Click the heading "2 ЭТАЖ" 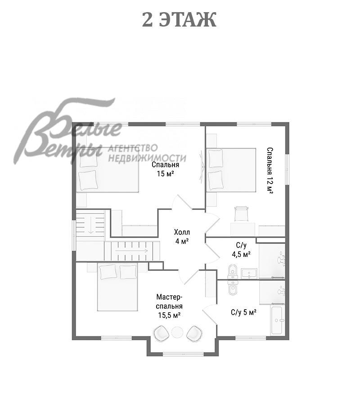[x=179, y=20]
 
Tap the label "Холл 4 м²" [x=182, y=237]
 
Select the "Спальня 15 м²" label [x=165, y=169]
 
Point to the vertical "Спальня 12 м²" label [x=270, y=171]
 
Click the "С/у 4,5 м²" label [x=241, y=250]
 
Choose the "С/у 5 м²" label [x=243, y=312]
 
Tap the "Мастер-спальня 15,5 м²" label [x=169, y=306]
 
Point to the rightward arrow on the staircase [x=131, y=251]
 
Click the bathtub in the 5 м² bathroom [x=278, y=320]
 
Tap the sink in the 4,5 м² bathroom [x=249, y=274]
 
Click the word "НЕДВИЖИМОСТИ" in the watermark [x=147, y=158]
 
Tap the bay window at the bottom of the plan [x=183, y=354]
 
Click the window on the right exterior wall [x=287, y=170]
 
